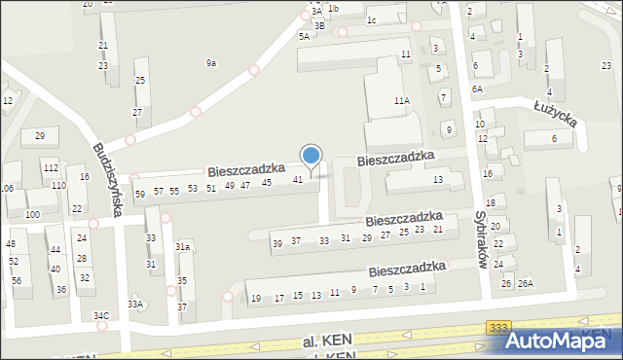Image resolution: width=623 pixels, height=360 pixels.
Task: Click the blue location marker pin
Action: [x=311, y=156]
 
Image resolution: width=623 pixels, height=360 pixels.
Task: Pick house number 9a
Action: [x=210, y=63]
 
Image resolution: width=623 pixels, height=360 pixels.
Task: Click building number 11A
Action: [x=401, y=100]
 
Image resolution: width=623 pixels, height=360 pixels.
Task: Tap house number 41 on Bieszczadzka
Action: [x=299, y=179]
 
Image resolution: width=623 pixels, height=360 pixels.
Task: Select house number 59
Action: [x=140, y=194]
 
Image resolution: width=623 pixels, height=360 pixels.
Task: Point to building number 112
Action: [x=51, y=168]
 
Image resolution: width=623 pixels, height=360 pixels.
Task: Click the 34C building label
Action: [x=101, y=316]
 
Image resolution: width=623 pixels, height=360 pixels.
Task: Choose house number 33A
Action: [x=136, y=305]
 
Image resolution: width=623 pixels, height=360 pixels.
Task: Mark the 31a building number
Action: [x=182, y=247]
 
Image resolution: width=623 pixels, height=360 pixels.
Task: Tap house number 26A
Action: [x=526, y=283]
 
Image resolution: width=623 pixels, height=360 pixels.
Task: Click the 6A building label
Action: [x=477, y=89]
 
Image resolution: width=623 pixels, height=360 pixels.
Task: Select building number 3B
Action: [x=319, y=26]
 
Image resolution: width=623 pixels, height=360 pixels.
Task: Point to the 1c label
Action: [x=371, y=19]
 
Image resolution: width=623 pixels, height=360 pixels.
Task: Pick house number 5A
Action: [x=304, y=36]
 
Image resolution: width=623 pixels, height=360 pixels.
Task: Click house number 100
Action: [x=32, y=214]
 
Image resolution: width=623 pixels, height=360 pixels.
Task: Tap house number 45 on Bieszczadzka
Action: [x=266, y=182]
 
